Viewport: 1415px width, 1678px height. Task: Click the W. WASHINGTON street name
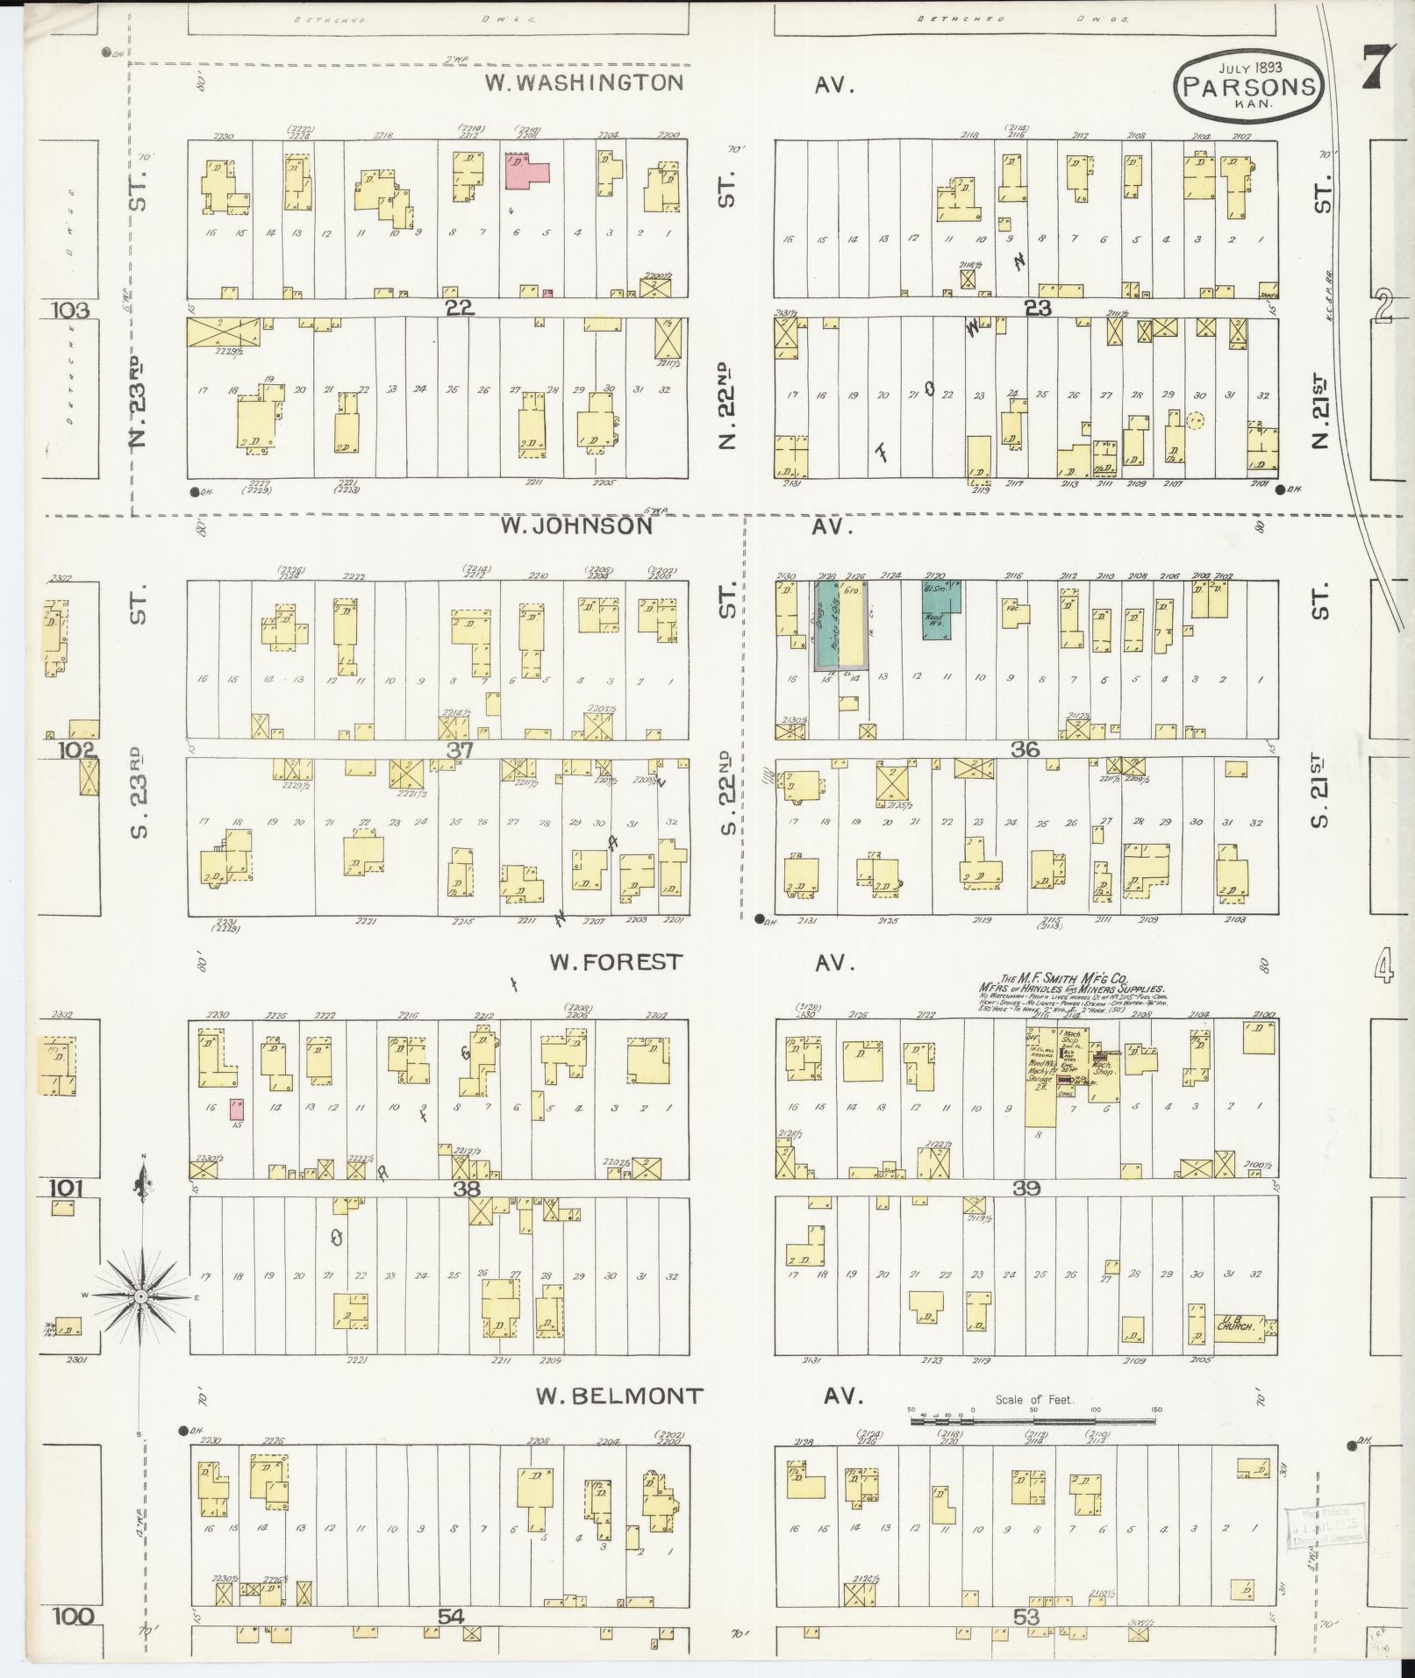[x=585, y=83]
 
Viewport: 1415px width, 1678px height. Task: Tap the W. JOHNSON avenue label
[x=576, y=525]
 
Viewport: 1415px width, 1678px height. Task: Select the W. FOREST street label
[x=615, y=962]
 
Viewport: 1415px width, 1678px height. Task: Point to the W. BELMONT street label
[x=619, y=1396]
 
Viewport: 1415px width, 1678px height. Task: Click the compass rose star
[x=140, y=1296]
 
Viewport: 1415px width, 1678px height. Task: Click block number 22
[x=459, y=308]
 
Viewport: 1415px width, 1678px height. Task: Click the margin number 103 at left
[x=70, y=310]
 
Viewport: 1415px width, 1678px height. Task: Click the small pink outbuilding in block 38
[x=235, y=1110]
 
